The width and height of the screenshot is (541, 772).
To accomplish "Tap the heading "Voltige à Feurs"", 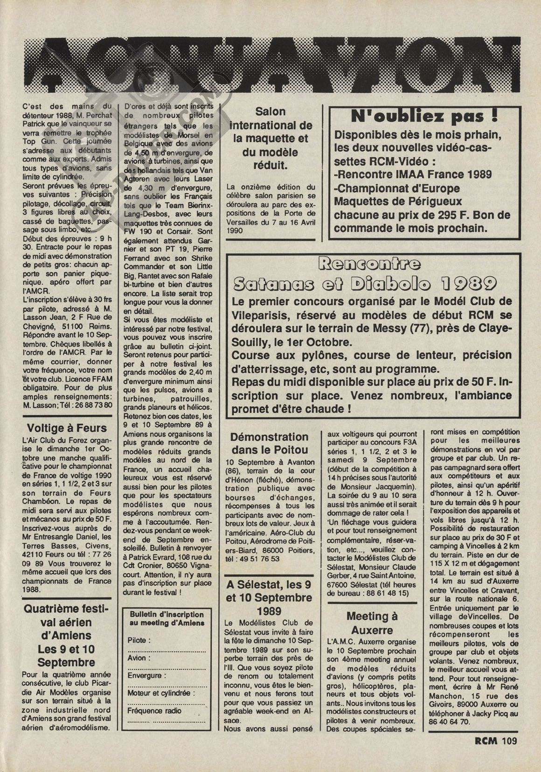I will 67,428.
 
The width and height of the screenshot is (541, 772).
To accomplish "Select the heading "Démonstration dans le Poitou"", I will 269,443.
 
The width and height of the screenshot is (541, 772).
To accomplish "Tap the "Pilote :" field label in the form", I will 139,640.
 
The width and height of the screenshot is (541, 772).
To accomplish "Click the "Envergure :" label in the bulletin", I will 147,675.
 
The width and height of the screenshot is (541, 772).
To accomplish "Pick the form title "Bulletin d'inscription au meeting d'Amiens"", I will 166,619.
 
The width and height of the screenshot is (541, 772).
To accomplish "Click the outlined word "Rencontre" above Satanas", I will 370,264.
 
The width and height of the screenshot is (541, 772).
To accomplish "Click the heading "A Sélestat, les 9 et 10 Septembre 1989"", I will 269,598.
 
